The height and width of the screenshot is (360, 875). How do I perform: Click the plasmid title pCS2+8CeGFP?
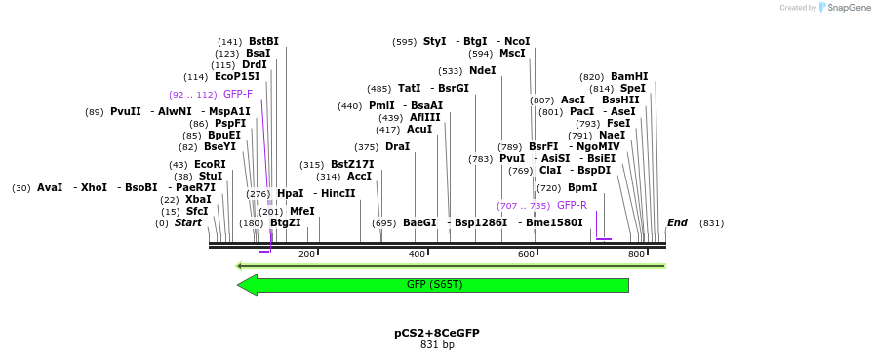tap(437, 333)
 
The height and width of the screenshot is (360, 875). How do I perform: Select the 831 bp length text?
tap(437, 344)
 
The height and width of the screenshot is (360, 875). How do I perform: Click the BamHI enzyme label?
tap(629, 76)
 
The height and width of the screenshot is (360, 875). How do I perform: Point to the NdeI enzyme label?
tap(482, 70)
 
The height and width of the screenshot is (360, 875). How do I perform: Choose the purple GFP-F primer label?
tap(238, 94)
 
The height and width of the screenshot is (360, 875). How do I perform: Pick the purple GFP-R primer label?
tap(572, 205)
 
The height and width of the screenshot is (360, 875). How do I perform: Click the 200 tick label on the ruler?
tap(307, 254)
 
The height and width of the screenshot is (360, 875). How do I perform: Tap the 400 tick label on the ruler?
tap(418, 254)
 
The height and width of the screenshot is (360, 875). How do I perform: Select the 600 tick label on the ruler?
tap(527, 254)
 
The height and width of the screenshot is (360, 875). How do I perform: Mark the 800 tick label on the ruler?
tap(637, 254)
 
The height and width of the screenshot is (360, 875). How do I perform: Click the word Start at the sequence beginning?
tap(188, 222)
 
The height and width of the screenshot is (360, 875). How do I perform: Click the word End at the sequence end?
tap(677, 222)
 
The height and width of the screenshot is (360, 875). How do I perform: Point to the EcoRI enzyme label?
tap(210, 164)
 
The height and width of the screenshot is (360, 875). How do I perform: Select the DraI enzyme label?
tap(397, 146)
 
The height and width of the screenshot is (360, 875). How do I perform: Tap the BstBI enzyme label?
tap(263, 41)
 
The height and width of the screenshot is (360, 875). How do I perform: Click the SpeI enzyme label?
tap(632, 88)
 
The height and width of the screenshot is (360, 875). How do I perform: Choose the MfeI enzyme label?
tap(301, 211)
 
